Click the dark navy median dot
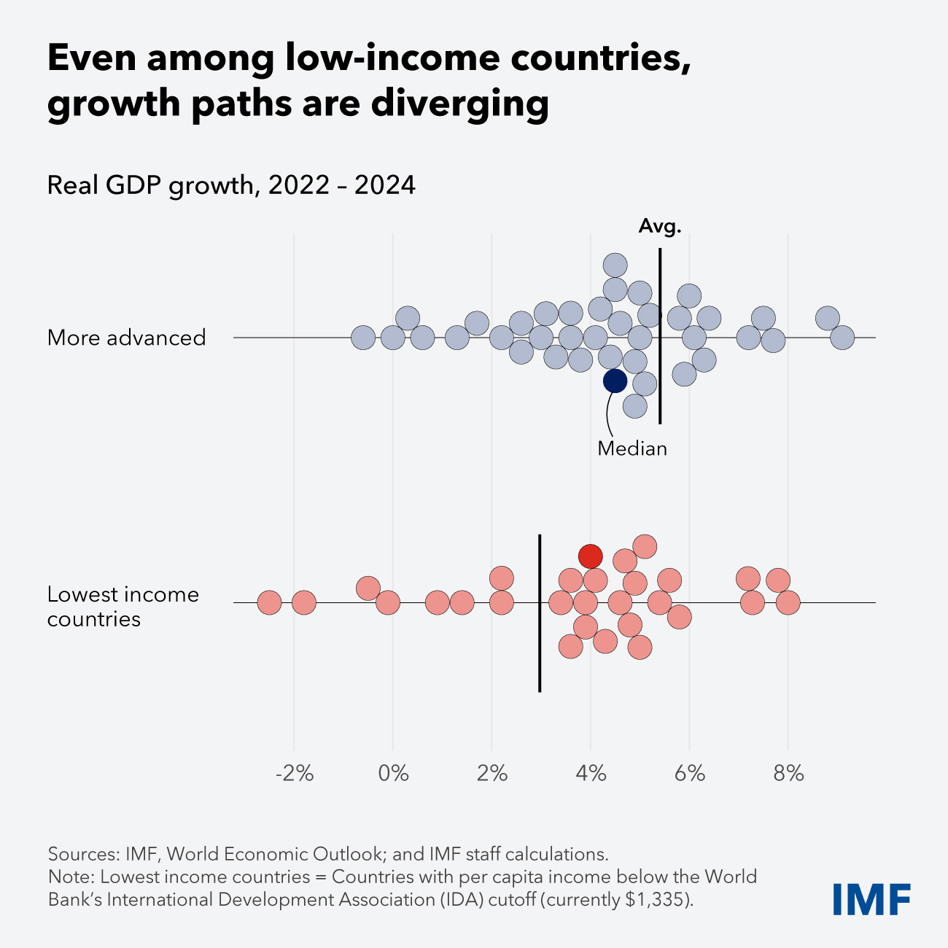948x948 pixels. (615, 381)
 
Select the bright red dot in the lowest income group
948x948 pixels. (591, 556)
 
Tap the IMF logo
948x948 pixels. (871, 899)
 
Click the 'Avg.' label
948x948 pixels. (660, 227)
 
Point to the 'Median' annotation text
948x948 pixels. (632, 448)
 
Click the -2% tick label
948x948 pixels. (295, 774)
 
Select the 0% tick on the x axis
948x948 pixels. (393, 774)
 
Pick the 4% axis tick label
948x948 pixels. (591, 774)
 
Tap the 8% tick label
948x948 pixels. (788, 774)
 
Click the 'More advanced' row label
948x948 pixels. (127, 338)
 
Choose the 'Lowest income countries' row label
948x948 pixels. (123, 607)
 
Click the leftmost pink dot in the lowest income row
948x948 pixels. (270, 603)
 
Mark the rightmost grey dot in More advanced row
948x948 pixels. (842, 338)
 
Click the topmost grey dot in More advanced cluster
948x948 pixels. (615, 265)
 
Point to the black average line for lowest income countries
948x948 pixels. (540, 656)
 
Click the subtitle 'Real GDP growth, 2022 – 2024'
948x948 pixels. (231, 185)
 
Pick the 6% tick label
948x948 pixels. (690, 774)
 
